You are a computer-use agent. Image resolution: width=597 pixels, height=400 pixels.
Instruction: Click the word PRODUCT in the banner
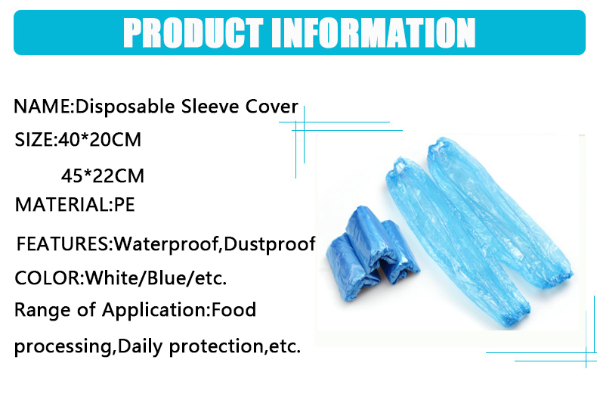193,33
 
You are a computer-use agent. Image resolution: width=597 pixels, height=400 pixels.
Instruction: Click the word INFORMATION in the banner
373,33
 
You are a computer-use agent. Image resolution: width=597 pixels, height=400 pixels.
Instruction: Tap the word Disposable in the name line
125,107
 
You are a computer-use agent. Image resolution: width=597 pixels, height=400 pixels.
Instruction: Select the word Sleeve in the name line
209,107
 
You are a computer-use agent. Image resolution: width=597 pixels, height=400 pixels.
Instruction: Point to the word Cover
271,107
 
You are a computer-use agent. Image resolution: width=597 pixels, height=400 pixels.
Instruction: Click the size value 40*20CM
99,139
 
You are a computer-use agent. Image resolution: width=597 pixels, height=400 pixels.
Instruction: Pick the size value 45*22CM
103,175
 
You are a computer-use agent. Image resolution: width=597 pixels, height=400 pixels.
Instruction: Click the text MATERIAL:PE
75,205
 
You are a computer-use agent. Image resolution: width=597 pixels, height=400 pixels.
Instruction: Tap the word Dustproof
270,244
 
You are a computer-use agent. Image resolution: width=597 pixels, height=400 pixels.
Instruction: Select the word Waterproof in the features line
167,244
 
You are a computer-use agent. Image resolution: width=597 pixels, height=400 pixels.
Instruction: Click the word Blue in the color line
166,278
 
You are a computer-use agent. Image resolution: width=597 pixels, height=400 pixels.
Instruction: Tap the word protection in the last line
216,346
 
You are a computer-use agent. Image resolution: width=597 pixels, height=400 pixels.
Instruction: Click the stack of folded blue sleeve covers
372,253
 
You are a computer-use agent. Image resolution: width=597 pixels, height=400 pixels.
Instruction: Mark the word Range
42,310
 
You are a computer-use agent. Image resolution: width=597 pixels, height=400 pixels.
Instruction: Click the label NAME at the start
42,107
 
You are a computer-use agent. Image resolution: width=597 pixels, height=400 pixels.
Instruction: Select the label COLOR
47,278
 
